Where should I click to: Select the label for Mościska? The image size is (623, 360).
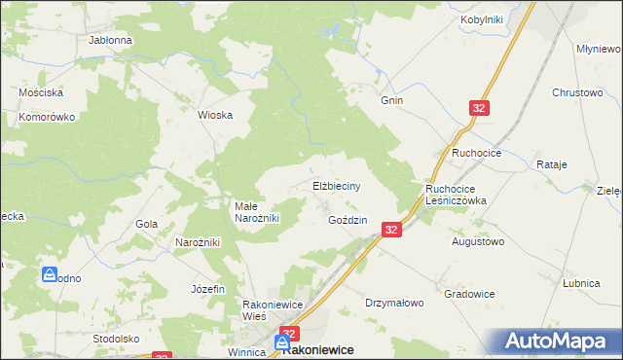[x=41, y=92]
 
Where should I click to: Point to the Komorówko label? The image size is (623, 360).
[x=47, y=117]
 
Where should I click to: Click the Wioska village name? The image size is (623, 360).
[x=215, y=115]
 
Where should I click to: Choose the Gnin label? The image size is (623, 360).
[x=392, y=100]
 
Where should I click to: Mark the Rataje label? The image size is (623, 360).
[x=551, y=165]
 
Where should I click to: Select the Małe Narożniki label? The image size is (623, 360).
[x=257, y=212]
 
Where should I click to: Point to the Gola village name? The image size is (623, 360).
[x=147, y=224]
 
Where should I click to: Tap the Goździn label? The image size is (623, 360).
[x=348, y=221]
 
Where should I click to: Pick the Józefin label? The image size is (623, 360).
[x=208, y=289]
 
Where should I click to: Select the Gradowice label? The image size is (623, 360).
[x=469, y=294]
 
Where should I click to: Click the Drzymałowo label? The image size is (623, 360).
[x=394, y=303]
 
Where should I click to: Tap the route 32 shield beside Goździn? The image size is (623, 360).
[x=391, y=230]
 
